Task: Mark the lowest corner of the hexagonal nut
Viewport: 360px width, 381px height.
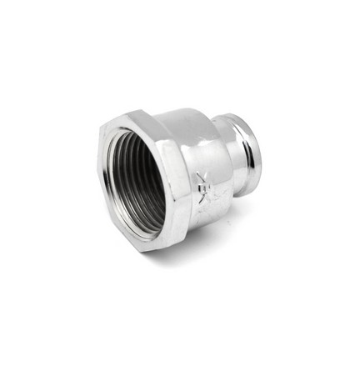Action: pyautogui.click(x=150, y=251)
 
